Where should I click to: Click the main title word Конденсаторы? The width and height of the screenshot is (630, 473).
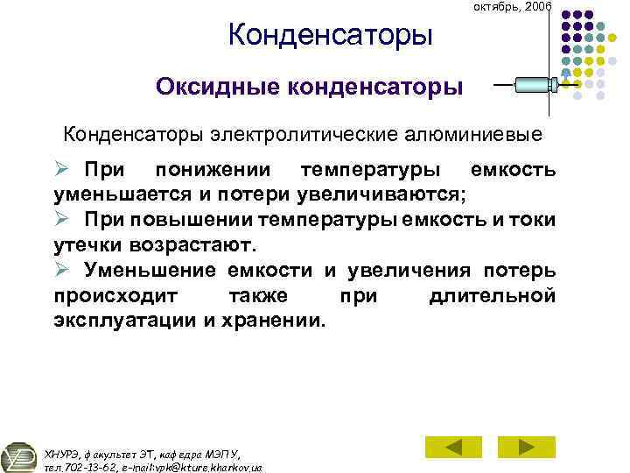[x=330, y=35]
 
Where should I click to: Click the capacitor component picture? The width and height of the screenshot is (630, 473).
[x=535, y=85]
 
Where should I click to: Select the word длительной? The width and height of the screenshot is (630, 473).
[x=493, y=296]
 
